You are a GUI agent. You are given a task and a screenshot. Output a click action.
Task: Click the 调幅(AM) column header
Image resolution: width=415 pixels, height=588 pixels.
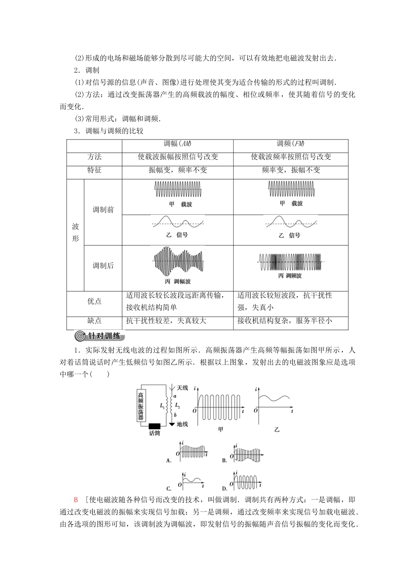click(178, 144)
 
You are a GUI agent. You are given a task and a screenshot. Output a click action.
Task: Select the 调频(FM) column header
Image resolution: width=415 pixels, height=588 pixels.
click(290, 144)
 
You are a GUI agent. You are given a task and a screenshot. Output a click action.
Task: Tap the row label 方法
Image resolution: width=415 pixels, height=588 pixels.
click(94, 157)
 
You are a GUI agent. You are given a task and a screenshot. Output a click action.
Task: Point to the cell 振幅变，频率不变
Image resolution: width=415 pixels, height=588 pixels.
click(178, 170)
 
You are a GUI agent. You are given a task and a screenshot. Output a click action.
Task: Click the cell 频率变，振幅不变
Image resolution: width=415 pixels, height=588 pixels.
click(290, 170)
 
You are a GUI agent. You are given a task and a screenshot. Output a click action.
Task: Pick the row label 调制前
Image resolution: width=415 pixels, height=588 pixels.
click(103, 210)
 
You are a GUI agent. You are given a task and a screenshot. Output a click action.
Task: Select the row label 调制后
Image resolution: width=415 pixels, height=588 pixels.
click(103, 266)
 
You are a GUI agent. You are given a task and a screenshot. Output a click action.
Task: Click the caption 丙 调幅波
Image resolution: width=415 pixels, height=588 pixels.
click(178, 281)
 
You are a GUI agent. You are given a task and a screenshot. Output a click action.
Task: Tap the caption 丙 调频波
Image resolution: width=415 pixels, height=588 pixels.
click(290, 276)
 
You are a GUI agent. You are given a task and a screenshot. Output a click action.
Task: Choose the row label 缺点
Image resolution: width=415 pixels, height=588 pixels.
click(94, 321)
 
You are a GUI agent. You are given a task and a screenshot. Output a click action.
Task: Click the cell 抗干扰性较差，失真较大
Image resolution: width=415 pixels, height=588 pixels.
click(166, 321)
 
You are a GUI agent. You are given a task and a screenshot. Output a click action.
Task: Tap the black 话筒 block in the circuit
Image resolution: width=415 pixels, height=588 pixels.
click(155, 426)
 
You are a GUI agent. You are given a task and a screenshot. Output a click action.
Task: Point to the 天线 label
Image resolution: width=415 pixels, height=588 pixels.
click(182, 388)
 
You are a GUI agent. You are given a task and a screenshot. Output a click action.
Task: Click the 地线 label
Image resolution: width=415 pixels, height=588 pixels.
click(182, 424)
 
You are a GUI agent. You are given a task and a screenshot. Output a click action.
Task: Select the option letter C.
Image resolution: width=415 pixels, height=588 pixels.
click(169, 488)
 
